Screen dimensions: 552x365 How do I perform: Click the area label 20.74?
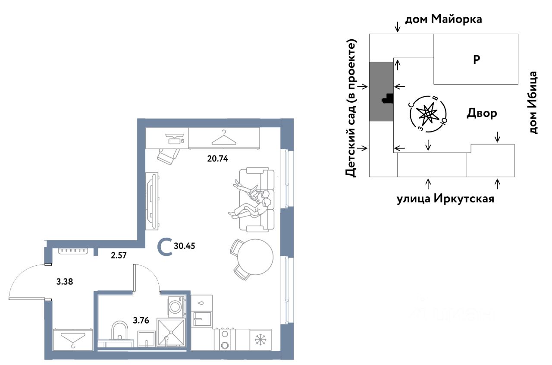(217, 158)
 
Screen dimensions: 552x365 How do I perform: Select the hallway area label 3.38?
(65, 283)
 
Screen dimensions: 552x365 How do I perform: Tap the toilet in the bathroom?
(119, 332)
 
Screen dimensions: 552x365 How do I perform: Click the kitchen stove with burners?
(225, 339)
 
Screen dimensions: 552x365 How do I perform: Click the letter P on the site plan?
(477, 60)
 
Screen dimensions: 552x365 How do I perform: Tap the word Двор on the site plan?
(482, 113)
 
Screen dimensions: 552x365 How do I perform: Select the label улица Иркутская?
(445, 199)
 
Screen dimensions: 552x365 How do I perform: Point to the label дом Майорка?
(443, 19)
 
